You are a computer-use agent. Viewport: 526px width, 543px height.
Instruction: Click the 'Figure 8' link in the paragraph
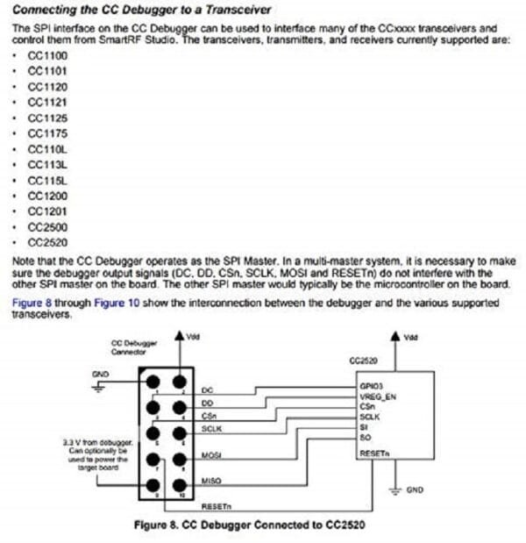click(x=33, y=303)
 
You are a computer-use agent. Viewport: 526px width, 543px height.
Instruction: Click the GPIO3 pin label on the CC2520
click(x=368, y=385)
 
